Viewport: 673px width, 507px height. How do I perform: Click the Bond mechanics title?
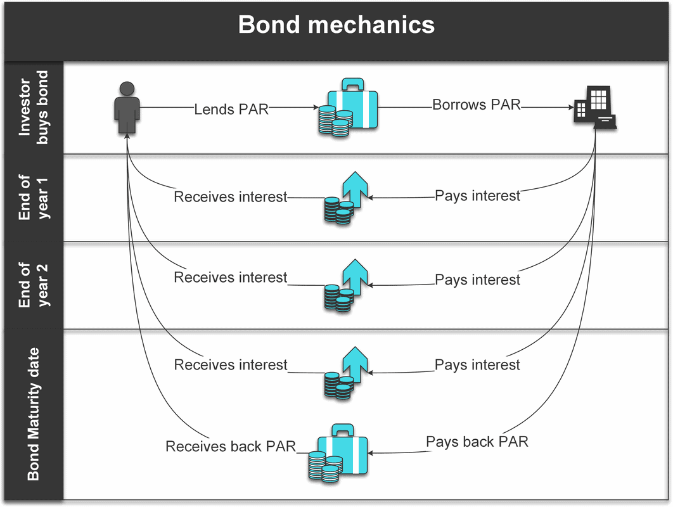pyautogui.click(x=336, y=25)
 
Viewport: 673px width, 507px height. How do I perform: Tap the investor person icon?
pyautogui.click(x=127, y=108)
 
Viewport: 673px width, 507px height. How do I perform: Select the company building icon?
pyautogui.click(x=595, y=108)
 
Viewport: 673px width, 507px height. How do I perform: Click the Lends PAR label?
pyautogui.click(x=231, y=110)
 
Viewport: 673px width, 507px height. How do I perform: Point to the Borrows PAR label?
pyautogui.click(x=477, y=105)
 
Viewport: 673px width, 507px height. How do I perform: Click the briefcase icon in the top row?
pyautogui.click(x=348, y=107)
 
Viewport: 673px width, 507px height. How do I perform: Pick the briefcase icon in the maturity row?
pyautogui.click(x=338, y=453)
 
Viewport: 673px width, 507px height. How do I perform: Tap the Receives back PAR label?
pyautogui.click(x=231, y=446)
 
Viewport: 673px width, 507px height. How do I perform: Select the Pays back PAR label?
pyautogui.click(x=477, y=442)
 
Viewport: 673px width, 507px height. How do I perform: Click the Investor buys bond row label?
pyautogui.click(x=33, y=107)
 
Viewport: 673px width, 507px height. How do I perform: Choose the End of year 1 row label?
pyautogui.click(x=33, y=198)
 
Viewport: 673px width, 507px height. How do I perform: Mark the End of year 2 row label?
pyautogui.click(x=33, y=285)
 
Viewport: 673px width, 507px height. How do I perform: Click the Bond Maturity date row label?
pyautogui.click(x=33, y=414)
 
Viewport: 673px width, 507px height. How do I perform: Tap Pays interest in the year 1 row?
pyautogui.click(x=477, y=196)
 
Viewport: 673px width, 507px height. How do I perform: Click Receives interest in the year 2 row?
pyautogui.click(x=231, y=278)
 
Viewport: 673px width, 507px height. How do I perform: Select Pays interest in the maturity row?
pyautogui.click(x=477, y=365)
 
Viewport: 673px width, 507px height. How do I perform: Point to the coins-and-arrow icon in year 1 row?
pyautogui.click(x=346, y=198)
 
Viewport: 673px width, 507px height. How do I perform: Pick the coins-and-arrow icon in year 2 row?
pyautogui.click(x=346, y=285)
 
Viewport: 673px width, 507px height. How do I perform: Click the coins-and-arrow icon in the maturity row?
pyautogui.click(x=346, y=373)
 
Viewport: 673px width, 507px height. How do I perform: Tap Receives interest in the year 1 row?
pyautogui.click(x=231, y=196)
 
